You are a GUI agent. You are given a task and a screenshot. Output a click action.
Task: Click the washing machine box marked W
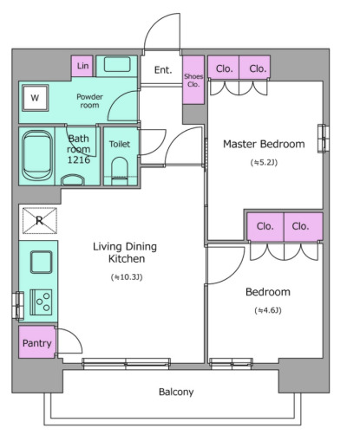coord(36,98)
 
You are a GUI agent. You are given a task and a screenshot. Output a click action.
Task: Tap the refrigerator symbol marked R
coord(40,221)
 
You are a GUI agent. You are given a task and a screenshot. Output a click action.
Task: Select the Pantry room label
coord(37,343)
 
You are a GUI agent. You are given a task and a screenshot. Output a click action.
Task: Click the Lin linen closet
coord(82,66)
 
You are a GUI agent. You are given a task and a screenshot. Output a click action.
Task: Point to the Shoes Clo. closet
coord(193,80)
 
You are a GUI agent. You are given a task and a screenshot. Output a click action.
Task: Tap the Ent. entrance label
coord(163,70)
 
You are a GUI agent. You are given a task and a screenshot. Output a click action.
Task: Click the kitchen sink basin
coord(42,262)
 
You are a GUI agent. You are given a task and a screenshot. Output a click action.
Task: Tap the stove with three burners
coord(42,302)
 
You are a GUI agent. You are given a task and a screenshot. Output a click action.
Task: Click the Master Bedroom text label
coord(264,144)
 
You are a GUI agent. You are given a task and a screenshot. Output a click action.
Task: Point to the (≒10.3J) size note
coord(127,277)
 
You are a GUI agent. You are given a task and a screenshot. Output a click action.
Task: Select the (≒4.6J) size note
coord(268,310)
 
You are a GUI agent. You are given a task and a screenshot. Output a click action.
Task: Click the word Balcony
coord(176,392)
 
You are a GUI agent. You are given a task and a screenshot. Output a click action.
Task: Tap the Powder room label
coord(89,101)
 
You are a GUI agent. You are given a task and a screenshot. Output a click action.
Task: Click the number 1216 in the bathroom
coord(79,159)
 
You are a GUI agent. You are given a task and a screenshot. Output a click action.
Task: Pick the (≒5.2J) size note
coord(264,163)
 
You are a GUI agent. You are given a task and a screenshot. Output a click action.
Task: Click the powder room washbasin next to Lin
coord(117,64)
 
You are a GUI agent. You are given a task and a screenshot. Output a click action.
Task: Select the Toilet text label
coord(120,144)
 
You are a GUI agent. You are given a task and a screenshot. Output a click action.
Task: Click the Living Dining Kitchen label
coord(125,253)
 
